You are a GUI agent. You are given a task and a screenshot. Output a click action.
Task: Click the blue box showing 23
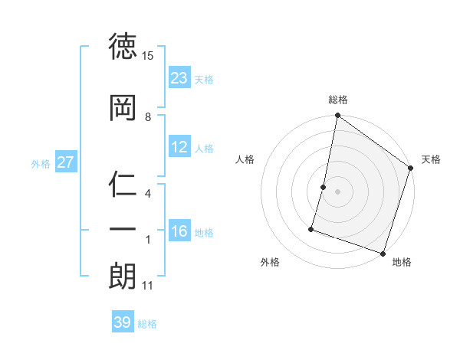(x=179, y=78)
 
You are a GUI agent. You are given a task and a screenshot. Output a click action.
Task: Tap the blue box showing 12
(x=179, y=147)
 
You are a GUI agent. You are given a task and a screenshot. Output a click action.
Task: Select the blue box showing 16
(x=179, y=231)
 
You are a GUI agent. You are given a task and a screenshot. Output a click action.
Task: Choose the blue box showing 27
(x=65, y=162)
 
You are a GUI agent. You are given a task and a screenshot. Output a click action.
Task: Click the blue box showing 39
(x=123, y=322)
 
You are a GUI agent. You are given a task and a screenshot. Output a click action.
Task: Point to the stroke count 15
(x=148, y=56)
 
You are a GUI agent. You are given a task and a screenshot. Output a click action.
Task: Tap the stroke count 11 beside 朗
(x=148, y=286)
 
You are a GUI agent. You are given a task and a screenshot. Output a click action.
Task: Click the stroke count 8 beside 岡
(x=148, y=117)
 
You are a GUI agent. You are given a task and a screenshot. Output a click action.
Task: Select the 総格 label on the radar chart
(x=338, y=100)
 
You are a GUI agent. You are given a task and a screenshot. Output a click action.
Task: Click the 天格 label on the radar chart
(x=431, y=159)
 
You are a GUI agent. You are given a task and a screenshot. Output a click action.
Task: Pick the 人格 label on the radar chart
(x=245, y=159)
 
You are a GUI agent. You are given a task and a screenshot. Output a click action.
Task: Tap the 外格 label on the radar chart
(x=270, y=262)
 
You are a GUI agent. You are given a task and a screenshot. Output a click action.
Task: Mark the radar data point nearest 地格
(x=383, y=253)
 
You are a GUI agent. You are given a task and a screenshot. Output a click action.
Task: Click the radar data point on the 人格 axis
(x=324, y=187)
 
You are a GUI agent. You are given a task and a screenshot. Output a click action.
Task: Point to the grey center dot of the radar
(x=337, y=191)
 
